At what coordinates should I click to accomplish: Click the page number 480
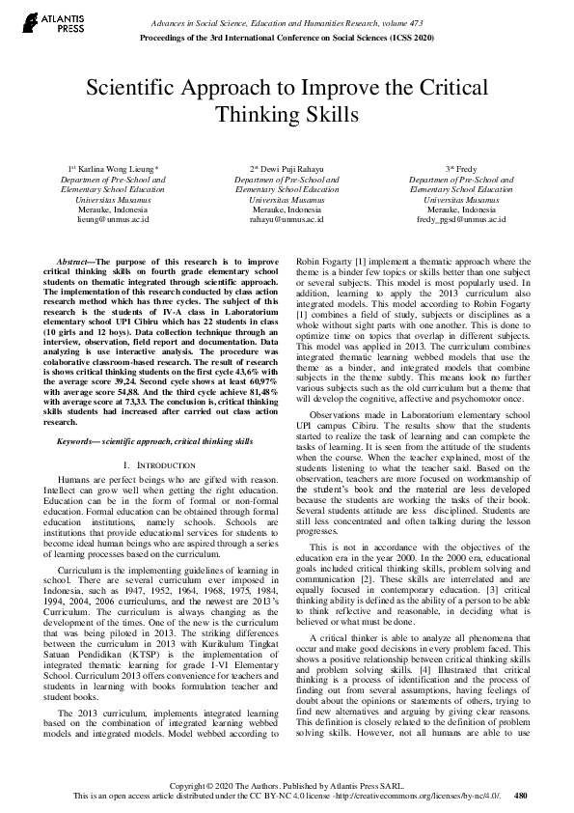coord(521,797)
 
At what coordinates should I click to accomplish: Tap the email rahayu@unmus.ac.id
coord(287,220)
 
